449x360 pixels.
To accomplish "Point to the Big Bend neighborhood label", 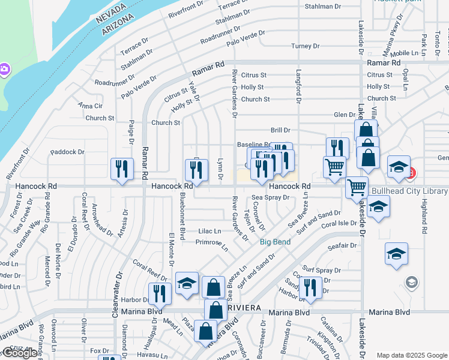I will (x=275, y=242).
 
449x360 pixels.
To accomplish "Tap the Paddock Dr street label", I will (x=67, y=152).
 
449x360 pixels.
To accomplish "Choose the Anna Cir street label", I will (x=91, y=106).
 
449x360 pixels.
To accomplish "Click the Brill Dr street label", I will (x=280, y=130).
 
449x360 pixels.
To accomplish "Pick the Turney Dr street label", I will (x=305, y=46).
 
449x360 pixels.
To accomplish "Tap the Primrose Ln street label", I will (x=212, y=244).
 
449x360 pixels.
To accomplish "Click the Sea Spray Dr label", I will (x=270, y=197).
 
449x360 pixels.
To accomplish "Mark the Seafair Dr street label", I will (x=342, y=246).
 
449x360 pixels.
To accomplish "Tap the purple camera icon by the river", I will (x=4, y=70).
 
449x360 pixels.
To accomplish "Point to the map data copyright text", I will (x=411, y=355).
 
